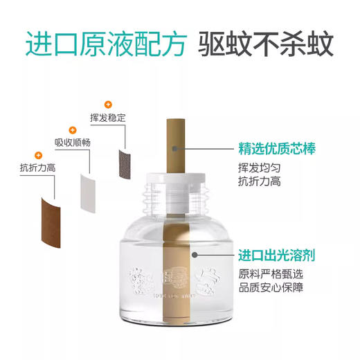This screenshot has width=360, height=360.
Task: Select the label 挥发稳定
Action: [108, 118]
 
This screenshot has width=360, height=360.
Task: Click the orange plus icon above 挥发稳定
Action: [107, 102]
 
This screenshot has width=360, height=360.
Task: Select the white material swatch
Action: [91, 188]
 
